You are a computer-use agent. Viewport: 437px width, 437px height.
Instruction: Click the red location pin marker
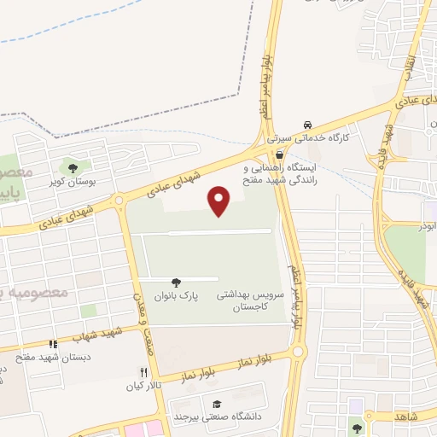[219, 200]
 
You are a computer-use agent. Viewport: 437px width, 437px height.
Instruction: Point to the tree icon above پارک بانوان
[176, 283]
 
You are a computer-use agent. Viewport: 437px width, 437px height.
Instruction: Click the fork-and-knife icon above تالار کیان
[143, 372]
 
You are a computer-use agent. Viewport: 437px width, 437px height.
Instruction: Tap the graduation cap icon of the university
[217, 404]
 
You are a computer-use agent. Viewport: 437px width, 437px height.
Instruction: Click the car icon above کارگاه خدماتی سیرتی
[307, 123]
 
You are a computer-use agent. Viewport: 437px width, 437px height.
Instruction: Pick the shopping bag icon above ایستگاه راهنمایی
[280, 154]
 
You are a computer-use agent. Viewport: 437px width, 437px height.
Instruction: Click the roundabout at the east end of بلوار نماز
[298, 351]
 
